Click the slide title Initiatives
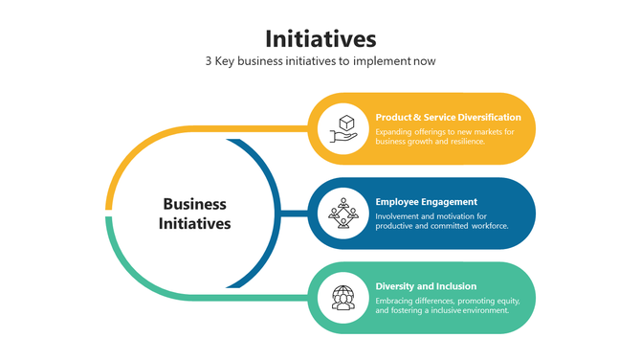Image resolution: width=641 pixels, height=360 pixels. [x=320, y=39]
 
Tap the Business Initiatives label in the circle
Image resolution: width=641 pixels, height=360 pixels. [x=195, y=214]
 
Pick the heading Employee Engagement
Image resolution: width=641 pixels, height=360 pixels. [x=427, y=202]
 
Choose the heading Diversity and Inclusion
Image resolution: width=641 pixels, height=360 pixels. [x=426, y=286]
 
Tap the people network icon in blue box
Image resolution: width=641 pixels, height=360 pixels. [x=343, y=213]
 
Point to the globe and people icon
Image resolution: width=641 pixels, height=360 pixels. [x=343, y=297]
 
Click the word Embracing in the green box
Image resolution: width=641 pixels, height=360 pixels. [x=395, y=300]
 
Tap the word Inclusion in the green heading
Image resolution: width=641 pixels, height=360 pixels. [x=455, y=286]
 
